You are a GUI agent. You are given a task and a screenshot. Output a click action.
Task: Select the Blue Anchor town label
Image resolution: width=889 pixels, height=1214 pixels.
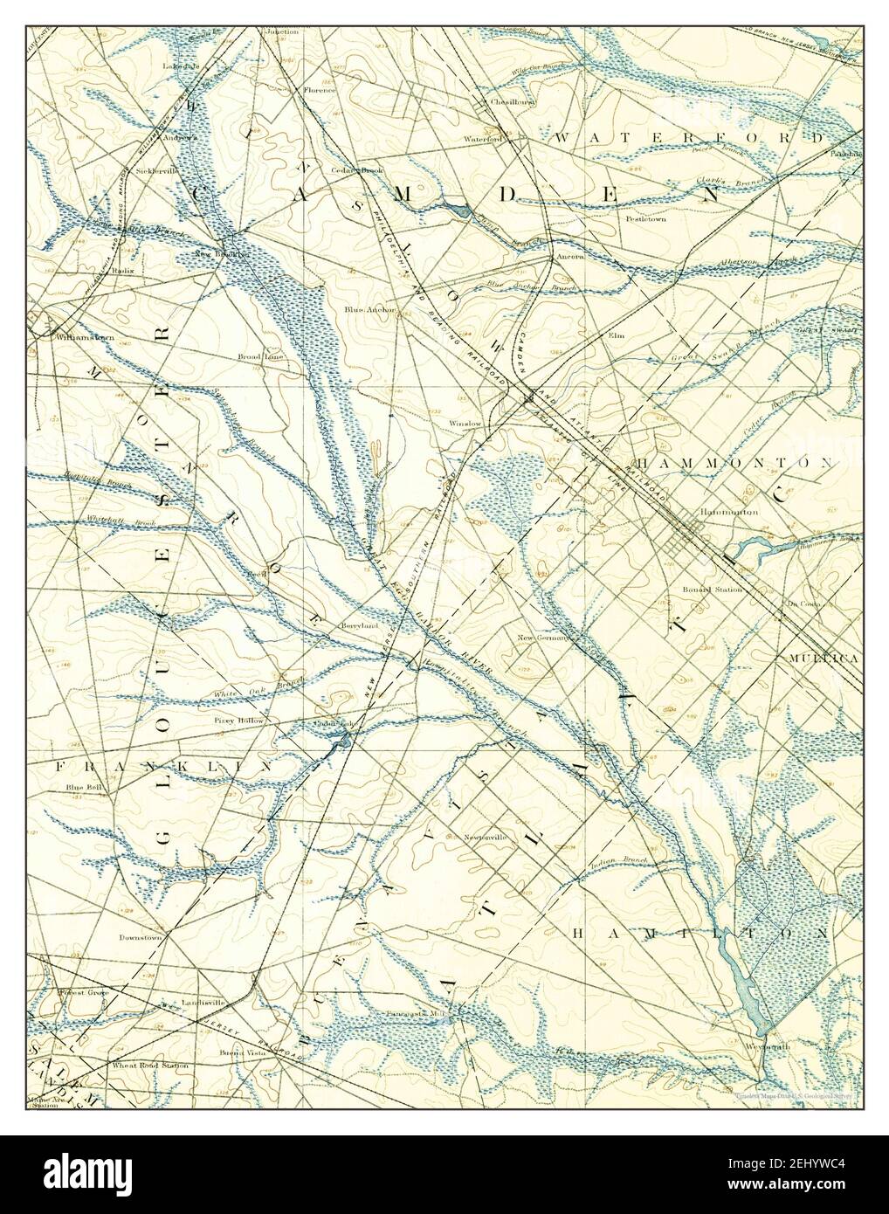369,309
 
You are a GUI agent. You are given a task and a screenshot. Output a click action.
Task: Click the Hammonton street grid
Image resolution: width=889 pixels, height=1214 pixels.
690,541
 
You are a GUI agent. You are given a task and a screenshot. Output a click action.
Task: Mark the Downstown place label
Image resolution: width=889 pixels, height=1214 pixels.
142,938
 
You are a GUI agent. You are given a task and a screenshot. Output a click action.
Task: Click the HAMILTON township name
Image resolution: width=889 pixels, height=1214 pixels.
699,934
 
